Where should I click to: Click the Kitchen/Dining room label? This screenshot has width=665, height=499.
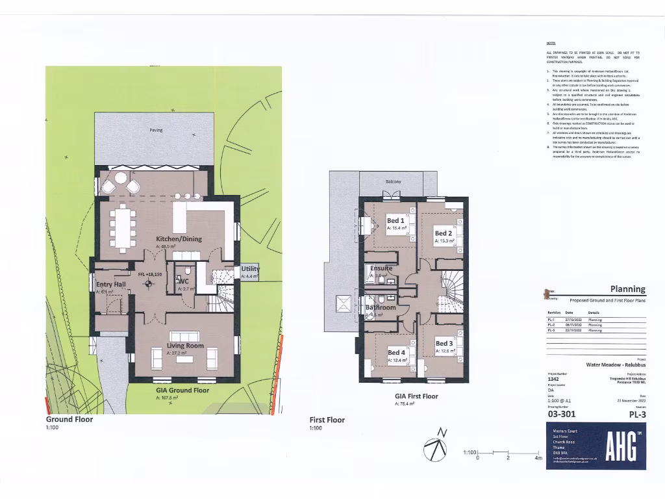pos(179,238)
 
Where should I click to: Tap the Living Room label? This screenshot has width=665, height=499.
pos(185,346)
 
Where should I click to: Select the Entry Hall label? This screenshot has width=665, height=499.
pos(111,285)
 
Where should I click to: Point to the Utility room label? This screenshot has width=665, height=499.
pos(250,269)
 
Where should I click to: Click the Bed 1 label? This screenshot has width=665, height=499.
pos(395,220)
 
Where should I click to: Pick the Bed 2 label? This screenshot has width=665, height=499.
pos(444,233)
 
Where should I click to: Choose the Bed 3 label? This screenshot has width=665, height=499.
pos(444,343)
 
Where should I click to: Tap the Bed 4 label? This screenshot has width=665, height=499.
pos(396,353)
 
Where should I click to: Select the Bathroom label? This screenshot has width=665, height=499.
pos(381,307)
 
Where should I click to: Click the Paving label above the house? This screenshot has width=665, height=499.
pos(156,130)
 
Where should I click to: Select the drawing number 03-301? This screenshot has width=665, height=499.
pos(562,413)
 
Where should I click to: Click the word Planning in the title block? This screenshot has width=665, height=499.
pos(627,289)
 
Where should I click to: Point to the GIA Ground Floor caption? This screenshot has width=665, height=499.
pos(182,390)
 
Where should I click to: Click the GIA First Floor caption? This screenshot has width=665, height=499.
pos(416,396)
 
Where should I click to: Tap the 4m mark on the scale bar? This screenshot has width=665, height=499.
pos(538,458)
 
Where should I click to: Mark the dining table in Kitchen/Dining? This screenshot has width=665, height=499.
pos(123,227)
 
